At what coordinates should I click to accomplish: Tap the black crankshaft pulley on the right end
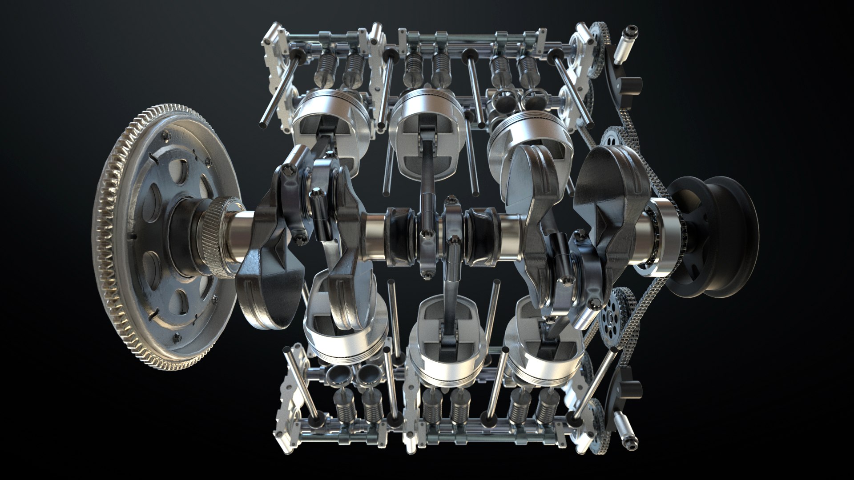click(x=716, y=240)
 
